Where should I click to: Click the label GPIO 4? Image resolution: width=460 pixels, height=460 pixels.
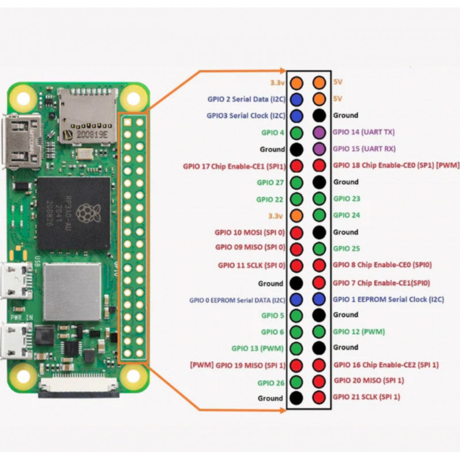(273, 133)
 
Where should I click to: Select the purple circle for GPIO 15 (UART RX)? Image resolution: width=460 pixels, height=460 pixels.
(319, 149)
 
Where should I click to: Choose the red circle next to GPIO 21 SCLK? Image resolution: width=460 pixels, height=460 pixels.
(319, 397)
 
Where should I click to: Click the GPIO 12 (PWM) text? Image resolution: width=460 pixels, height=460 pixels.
(359, 332)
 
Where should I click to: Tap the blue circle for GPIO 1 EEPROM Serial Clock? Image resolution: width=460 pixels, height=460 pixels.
(319, 299)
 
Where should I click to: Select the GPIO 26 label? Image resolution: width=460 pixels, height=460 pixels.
(271, 382)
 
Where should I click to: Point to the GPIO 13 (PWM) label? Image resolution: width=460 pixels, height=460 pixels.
(258, 348)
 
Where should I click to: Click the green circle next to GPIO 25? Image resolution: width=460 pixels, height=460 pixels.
(319, 248)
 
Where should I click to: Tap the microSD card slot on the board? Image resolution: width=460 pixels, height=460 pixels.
(87, 115)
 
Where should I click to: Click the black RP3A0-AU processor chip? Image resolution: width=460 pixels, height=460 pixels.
(74, 213)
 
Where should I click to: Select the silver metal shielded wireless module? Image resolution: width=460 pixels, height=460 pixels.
(72, 292)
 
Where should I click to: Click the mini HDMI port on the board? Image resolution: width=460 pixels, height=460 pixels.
(22, 141)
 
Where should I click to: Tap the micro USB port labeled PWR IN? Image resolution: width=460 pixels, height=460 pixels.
(16, 340)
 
